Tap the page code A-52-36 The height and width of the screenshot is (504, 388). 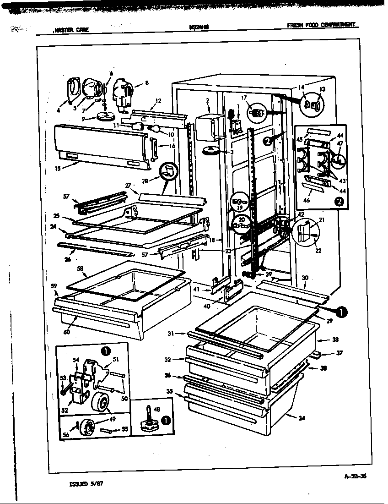pos(356,476)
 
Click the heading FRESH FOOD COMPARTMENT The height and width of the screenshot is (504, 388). pos(322,25)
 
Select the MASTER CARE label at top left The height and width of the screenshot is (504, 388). pos(71,30)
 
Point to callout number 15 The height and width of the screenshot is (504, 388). pos(57,168)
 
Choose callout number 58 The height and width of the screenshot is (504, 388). pos(80,268)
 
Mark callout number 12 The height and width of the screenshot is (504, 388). pos(158,101)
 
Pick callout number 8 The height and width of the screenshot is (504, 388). pos(146,83)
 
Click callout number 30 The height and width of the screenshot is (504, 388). pos(305,278)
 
